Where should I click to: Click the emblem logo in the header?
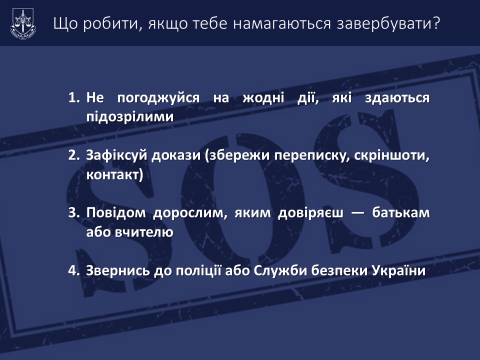[23, 24]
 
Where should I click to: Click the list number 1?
[74, 97]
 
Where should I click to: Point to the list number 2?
[74, 155]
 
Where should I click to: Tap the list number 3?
[74, 212]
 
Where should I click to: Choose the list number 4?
[74, 270]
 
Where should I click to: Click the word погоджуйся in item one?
[158, 98]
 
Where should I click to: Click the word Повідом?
[115, 213]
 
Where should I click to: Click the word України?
[398, 270]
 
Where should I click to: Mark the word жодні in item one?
[263, 98]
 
